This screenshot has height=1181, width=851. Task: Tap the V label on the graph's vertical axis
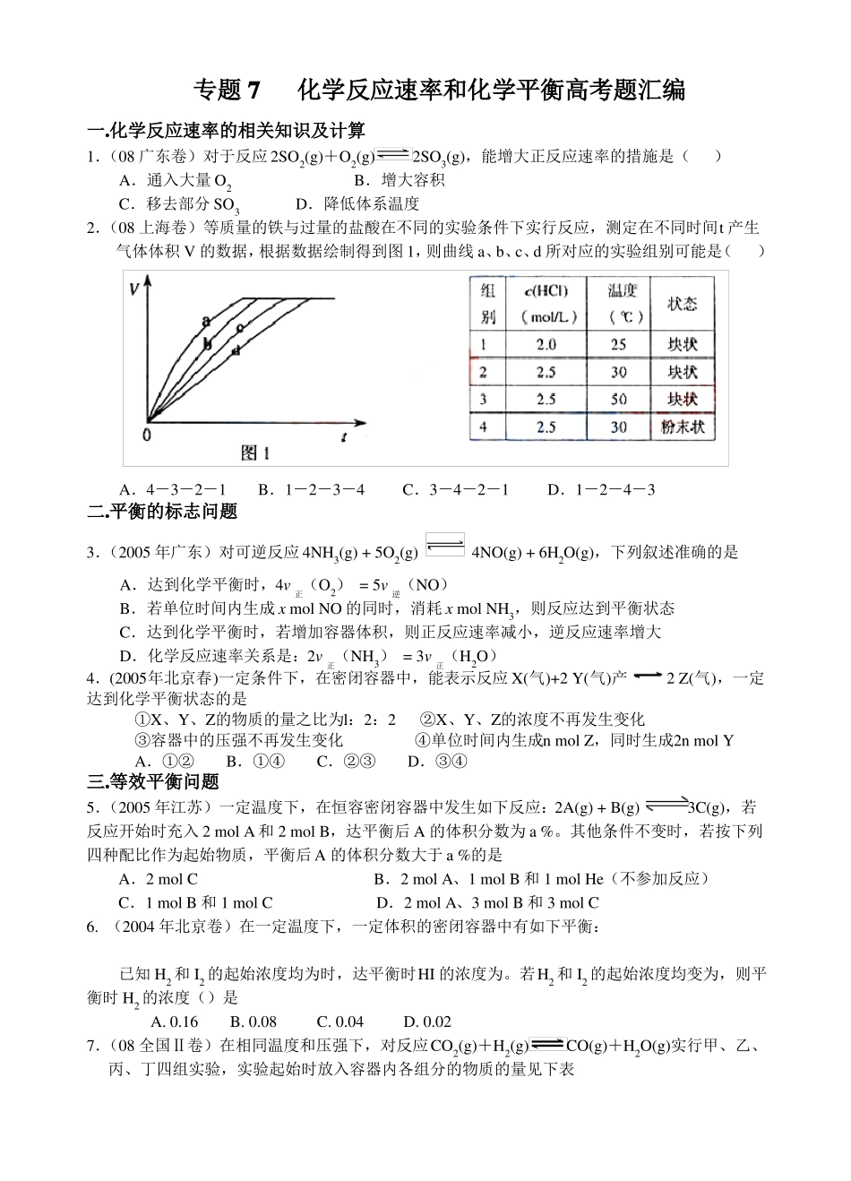(x=134, y=289)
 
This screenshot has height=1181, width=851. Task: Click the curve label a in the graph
(x=206, y=321)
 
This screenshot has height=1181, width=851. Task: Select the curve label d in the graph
(x=236, y=350)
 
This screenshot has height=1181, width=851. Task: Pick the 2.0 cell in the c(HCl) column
(x=546, y=344)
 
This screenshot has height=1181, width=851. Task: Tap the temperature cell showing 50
(x=618, y=400)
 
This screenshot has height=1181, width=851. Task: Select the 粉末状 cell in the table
(x=683, y=427)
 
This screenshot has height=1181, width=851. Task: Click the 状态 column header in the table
(x=683, y=304)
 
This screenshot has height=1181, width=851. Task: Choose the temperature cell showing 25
(x=618, y=344)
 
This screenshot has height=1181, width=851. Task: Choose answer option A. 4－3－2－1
(x=172, y=489)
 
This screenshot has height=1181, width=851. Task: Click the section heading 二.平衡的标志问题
(x=162, y=512)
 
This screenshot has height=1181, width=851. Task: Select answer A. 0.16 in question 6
(x=175, y=1022)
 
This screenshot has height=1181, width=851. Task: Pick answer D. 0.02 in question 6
(x=427, y=1022)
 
